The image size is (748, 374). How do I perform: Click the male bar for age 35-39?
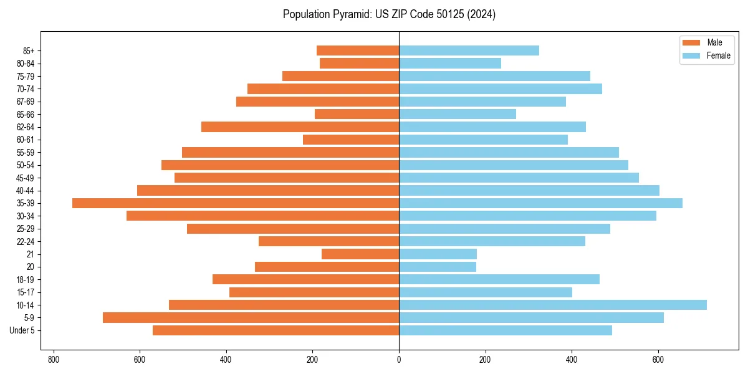tap(236, 203)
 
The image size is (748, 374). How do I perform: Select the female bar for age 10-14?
tap(553, 305)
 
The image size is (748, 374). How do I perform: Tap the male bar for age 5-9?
tap(251, 317)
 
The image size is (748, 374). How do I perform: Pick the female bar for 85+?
tap(469, 50)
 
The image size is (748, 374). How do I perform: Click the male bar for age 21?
tap(360, 254)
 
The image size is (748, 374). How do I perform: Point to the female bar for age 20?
tap(438, 267)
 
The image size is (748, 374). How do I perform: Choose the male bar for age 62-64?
tap(300, 127)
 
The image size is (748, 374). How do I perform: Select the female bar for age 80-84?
tap(450, 63)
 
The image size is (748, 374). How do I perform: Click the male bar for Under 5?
tap(276, 330)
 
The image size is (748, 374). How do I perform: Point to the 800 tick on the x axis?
tap(54, 360)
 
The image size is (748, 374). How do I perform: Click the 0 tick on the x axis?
tap(399, 360)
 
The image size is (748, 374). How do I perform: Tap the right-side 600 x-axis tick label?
tap(658, 360)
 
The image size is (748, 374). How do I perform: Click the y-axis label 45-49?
tap(26, 178)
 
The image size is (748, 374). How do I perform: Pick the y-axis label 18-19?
tap(26, 279)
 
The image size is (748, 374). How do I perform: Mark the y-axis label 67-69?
tap(26, 102)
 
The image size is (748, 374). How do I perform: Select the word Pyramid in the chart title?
tap(351, 14)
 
